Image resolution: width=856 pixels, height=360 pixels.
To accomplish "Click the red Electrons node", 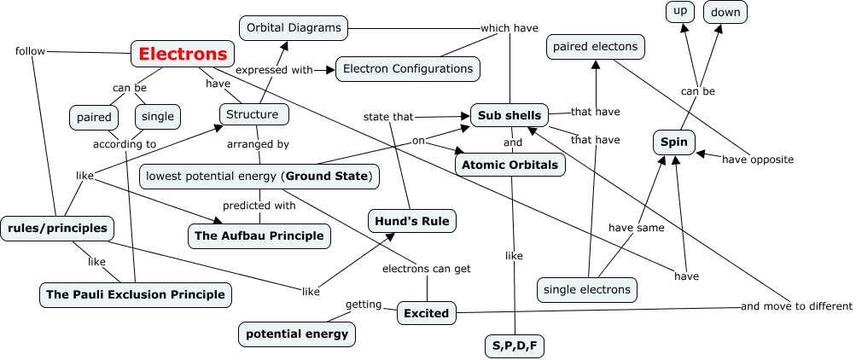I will pos(183,55).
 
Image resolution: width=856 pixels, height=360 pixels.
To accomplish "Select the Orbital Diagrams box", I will pos(294,28).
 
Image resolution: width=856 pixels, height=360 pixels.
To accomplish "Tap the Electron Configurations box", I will pos(408,68).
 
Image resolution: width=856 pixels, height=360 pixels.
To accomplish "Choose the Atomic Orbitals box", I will pos(510,165).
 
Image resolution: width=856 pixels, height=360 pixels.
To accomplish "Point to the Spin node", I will pos(674,141).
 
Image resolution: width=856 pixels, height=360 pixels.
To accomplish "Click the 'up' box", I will pos(680,12).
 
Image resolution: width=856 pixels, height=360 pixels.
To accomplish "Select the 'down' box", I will pos(725,12).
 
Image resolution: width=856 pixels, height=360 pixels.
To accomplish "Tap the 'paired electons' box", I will pos(596,48).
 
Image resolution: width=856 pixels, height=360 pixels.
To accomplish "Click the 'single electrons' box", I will pos(588,289).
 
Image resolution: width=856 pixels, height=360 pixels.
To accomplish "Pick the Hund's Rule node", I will pos(412,222).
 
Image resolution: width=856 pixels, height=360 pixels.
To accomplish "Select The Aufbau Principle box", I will pos(259,235).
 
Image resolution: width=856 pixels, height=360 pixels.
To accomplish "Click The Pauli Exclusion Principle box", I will pos(136,294).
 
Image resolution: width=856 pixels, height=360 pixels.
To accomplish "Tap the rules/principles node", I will pos(57,228).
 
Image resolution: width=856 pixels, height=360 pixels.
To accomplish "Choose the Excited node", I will pos(427,313).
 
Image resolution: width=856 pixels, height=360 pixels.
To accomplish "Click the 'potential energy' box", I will pos(297,334).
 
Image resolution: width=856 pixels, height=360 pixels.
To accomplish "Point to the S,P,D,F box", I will pos(513,345).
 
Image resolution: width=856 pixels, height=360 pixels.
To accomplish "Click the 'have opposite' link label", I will pos(758,160).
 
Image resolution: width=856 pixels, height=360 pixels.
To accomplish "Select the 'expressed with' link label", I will pos(274,70).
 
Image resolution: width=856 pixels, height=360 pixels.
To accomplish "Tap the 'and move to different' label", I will pos(796,306).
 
